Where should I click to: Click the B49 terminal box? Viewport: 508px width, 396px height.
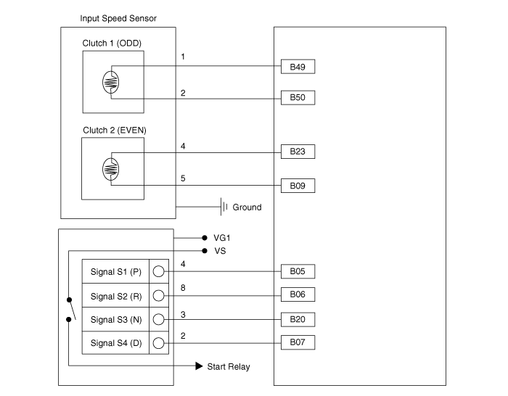tap(298, 67)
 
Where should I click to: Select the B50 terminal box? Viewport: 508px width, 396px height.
tap(298, 96)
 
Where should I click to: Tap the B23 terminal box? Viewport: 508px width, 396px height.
tap(298, 152)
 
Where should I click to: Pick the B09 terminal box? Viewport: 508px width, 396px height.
tap(298, 186)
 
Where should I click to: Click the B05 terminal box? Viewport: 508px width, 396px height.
tap(298, 271)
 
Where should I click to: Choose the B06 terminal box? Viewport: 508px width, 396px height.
tap(298, 295)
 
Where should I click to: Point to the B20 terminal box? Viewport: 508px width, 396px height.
tap(298, 319)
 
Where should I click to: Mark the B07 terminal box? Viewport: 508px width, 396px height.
tap(298, 342)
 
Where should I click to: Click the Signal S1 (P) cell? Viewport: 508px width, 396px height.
tap(115, 272)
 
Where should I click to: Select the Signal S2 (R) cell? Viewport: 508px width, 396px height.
tap(115, 296)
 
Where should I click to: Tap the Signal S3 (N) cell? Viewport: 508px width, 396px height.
tap(115, 319)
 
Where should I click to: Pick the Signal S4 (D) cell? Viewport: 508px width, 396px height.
tap(115, 342)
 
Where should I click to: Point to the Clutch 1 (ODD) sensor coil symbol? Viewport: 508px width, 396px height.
tap(110, 82)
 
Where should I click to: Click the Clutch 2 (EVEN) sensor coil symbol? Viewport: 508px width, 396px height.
tap(110, 170)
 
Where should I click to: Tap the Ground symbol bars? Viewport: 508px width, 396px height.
tap(224, 207)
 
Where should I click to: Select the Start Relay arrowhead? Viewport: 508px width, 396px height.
tap(199, 366)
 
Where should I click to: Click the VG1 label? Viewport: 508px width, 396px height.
tap(224, 237)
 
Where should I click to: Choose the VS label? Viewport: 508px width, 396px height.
tap(221, 251)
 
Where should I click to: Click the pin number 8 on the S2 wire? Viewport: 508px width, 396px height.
tap(183, 287)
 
